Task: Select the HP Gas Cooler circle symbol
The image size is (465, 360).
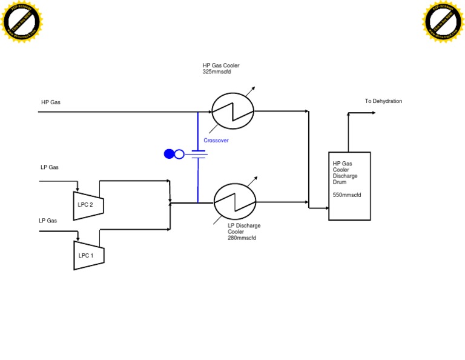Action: click(232, 112)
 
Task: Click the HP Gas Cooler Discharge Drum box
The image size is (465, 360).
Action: click(349, 185)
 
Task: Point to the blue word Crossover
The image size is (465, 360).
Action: click(216, 140)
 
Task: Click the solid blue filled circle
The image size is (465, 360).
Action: click(169, 154)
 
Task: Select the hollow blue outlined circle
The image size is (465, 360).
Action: click(179, 154)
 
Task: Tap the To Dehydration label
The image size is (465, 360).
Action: click(383, 101)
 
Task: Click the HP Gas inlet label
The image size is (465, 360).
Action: click(51, 102)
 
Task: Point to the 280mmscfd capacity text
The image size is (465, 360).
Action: click(242, 238)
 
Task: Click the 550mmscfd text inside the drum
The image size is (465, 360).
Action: click(348, 195)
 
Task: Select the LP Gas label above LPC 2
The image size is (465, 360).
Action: click(50, 167)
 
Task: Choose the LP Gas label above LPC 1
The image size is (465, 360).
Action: click(48, 221)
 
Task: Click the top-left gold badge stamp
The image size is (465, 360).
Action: click(22, 22)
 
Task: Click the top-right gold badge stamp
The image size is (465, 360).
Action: click(443, 22)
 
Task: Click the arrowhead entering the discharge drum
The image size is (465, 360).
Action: click(325, 208)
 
